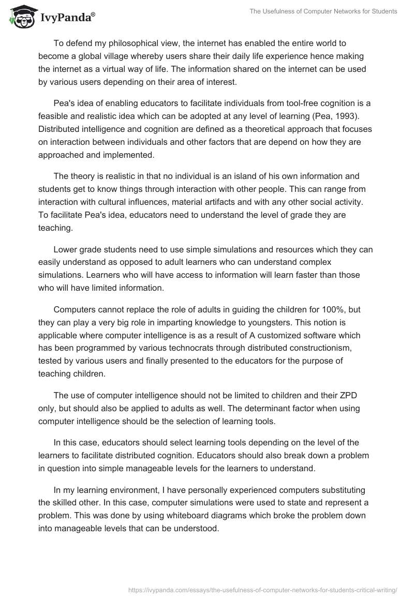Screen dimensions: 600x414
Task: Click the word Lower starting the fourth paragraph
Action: (x=65, y=250)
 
